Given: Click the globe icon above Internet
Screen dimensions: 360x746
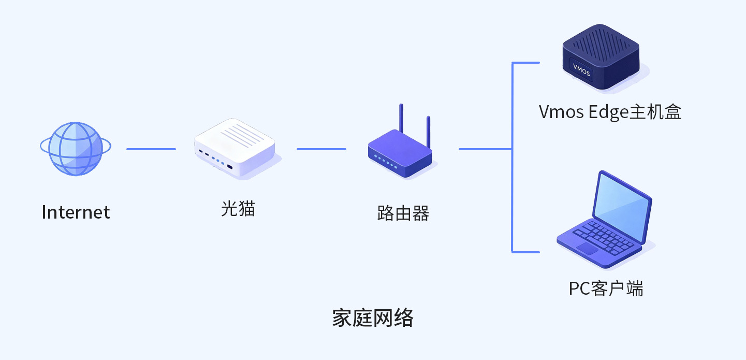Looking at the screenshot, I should coord(75,149).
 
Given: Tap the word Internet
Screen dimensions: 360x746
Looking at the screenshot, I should coord(76,212).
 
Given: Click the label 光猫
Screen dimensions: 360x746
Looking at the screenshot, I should coord(238,209).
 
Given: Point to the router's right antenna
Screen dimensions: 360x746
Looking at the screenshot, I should coord(428,132).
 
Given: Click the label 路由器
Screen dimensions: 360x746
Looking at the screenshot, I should coord(403,213).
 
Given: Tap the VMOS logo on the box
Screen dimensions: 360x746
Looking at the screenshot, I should coord(581,70).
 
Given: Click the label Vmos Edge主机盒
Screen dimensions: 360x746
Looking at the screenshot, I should coord(610,112).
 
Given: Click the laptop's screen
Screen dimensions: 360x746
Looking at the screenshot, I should coord(621,204).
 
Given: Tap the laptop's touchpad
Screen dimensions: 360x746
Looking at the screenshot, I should coord(588,248).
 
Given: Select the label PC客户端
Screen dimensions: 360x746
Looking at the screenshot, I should coord(606,288).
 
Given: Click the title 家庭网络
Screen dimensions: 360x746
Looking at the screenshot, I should coord(373,318).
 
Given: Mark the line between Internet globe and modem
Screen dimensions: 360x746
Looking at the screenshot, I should coord(151,149).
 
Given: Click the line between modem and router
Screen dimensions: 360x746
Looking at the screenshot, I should coord(321,149).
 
